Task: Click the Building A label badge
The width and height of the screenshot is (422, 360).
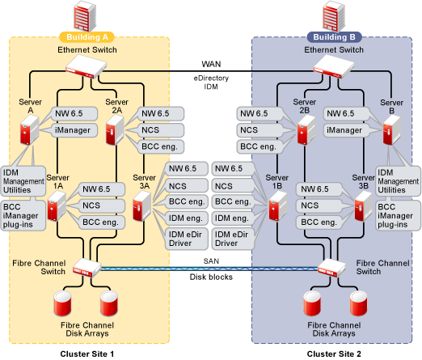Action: click(87, 37)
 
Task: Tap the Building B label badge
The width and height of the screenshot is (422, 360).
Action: click(334, 37)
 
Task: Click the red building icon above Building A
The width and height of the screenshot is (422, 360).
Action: click(85, 16)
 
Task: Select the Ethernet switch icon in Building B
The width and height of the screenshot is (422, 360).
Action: click(334, 66)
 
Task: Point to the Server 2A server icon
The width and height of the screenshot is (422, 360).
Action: click(115, 130)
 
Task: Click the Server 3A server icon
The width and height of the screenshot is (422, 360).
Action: click(142, 206)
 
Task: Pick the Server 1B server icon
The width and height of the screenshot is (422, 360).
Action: click(278, 206)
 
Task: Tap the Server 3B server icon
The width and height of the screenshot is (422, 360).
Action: click(364, 206)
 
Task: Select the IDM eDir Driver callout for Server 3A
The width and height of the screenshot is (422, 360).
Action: click(186, 239)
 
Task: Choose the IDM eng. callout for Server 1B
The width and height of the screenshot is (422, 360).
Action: click(232, 218)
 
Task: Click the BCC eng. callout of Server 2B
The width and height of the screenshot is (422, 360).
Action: click(259, 146)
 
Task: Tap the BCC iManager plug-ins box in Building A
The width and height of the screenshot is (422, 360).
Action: click(23, 215)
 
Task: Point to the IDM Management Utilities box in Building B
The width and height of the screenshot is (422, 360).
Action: click(398, 181)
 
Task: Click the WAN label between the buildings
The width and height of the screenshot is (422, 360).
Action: click(211, 64)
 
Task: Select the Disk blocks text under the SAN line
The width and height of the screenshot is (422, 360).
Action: click(211, 277)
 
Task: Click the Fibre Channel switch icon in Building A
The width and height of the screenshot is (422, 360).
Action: click(87, 268)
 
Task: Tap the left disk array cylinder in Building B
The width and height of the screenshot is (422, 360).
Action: click(312, 303)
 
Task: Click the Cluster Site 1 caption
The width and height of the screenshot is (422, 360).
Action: click(87, 354)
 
